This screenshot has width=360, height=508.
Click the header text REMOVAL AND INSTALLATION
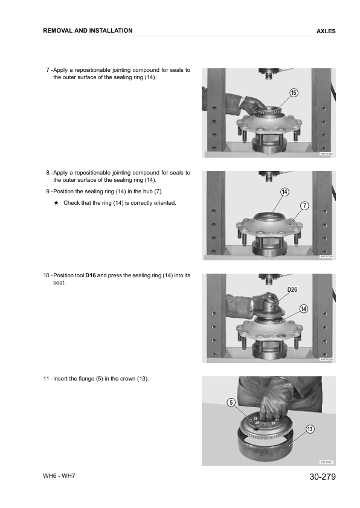coord(88,31)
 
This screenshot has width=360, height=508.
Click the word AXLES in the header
coord(326,31)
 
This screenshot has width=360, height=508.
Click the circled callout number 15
coord(293,92)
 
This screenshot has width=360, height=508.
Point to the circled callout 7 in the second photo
coord(304,206)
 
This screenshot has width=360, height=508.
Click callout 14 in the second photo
coord(284,191)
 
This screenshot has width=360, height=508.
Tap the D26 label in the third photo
coord(292,289)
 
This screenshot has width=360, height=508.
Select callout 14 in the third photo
coord(304,309)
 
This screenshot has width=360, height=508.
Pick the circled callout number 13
coord(310,429)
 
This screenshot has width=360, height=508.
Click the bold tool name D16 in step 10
coord(91,275)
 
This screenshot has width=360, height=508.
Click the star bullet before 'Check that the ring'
coord(56,203)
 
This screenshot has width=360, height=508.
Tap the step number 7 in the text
coord(48,70)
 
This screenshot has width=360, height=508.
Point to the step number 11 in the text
coord(46,379)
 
